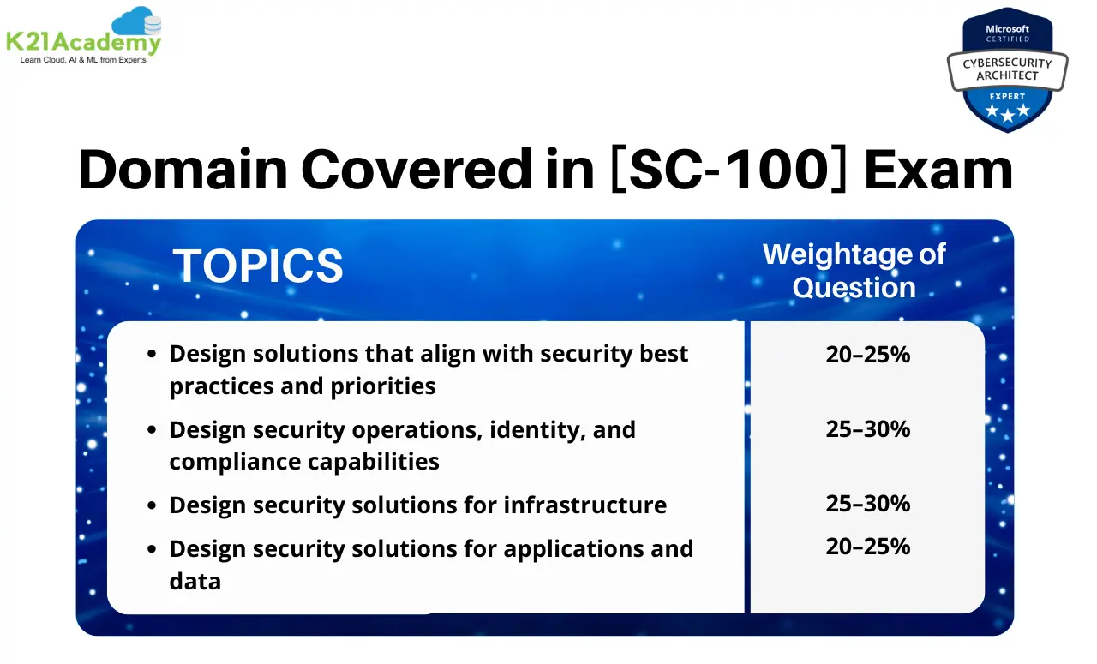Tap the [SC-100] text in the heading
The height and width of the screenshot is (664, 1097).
click(728, 170)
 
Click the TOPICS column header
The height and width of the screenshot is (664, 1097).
click(258, 266)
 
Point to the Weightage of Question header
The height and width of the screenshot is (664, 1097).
click(854, 271)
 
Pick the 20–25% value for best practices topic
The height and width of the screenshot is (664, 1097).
click(867, 354)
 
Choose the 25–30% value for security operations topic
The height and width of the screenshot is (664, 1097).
click(867, 429)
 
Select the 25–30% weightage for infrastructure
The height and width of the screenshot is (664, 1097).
click(867, 504)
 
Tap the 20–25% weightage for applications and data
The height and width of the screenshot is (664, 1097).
click(867, 547)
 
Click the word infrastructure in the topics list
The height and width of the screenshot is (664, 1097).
click(584, 505)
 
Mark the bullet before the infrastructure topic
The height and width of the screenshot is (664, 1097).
click(152, 506)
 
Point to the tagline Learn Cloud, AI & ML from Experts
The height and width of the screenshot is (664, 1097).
click(83, 60)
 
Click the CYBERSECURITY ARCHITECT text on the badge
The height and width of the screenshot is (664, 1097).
click(1007, 69)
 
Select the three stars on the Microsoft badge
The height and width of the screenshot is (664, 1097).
click(1006, 112)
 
